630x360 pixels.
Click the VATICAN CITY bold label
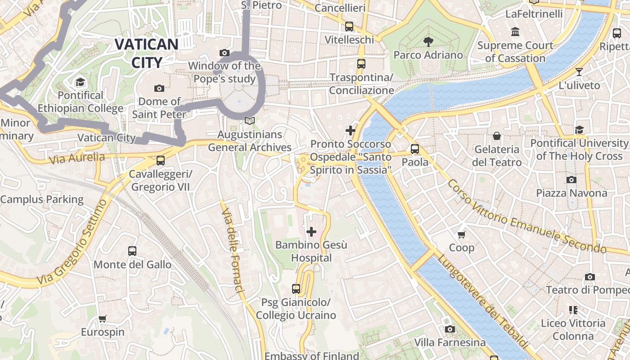tap(146, 53)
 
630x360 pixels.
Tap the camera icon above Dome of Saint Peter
tap(159, 88)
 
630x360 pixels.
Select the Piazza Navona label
tap(571, 193)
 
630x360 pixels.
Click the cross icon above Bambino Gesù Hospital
tap(311, 232)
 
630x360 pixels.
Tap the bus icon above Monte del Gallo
tap(132, 251)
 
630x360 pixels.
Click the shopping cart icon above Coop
tap(461, 234)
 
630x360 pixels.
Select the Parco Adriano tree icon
tap(428, 42)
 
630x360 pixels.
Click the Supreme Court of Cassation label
tap(515, 52)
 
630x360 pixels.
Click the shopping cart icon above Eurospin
tap(103, 319)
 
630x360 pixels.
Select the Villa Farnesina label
tap(450, 343)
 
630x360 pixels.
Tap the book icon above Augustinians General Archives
tap(249, 121)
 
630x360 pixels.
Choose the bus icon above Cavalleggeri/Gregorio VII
tap(160, 161)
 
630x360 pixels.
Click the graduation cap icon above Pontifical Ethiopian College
tap(80, 82)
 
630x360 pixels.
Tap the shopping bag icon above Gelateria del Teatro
tap(497, 136)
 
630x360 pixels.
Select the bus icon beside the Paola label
tap(415, 148)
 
